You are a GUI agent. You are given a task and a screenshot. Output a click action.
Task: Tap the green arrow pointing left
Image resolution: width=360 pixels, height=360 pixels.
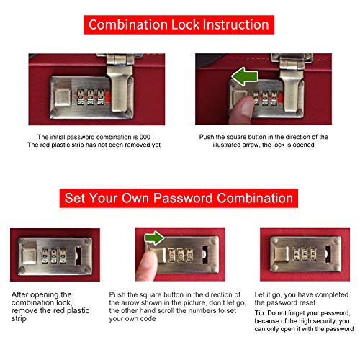click(245, 76)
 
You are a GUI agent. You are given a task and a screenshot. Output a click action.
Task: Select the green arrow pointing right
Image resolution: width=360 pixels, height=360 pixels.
click(154, 238)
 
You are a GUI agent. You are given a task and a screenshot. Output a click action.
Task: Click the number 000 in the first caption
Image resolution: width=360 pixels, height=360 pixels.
click(145, 137)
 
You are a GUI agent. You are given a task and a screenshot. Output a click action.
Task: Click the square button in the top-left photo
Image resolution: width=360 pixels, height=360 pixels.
click(63, 96)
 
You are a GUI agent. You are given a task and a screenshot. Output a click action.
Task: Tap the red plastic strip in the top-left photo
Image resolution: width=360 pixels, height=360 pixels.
click(107, 96)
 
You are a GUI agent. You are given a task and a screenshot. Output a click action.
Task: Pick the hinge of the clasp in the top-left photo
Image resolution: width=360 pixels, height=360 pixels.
click(120, 60)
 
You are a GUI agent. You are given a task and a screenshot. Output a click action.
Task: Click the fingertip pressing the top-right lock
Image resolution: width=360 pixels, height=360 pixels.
click(243, 108)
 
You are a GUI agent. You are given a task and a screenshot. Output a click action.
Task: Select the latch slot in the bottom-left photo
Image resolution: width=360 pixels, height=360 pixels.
click(78, 256)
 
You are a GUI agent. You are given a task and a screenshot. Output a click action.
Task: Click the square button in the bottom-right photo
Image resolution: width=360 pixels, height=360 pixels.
click(282, 254)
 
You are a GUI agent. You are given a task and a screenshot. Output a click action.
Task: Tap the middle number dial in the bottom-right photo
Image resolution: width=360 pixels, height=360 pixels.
click(305, 255)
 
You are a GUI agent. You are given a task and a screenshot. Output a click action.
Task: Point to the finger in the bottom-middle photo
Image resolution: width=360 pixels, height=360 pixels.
click(146, 266)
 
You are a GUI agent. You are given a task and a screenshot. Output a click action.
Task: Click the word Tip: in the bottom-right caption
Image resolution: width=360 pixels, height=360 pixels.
click(260, 313)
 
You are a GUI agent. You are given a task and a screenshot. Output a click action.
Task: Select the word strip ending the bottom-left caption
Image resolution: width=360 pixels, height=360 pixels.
click(19, 319)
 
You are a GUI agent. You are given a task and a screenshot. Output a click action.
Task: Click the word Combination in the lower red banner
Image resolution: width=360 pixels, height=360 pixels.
click(255, 199)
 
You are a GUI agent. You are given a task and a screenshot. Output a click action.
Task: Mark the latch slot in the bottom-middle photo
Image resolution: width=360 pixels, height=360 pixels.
click(205, 254)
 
